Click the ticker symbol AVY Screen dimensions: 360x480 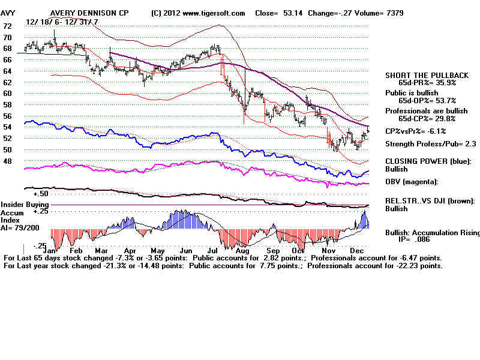click(9, 13)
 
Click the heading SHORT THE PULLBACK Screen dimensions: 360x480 click(427, 75)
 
